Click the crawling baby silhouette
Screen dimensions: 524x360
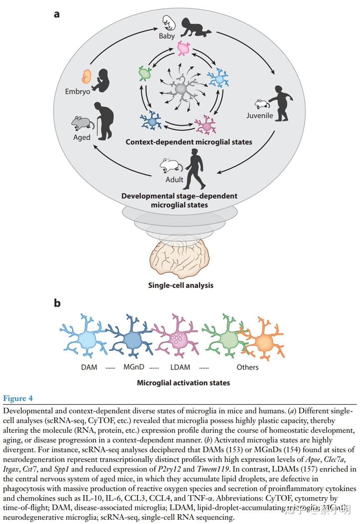(196, 27)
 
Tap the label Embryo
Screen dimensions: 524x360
(77, 91)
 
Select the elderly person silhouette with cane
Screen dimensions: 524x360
(105, 119)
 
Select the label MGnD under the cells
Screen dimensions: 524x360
(134, 367)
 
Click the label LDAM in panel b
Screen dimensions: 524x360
(181, 367)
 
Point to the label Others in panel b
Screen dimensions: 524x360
(248, 367)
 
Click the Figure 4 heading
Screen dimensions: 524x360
(18, 399)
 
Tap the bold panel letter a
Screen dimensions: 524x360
(57, 14)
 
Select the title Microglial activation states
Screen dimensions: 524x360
(183, 382)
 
